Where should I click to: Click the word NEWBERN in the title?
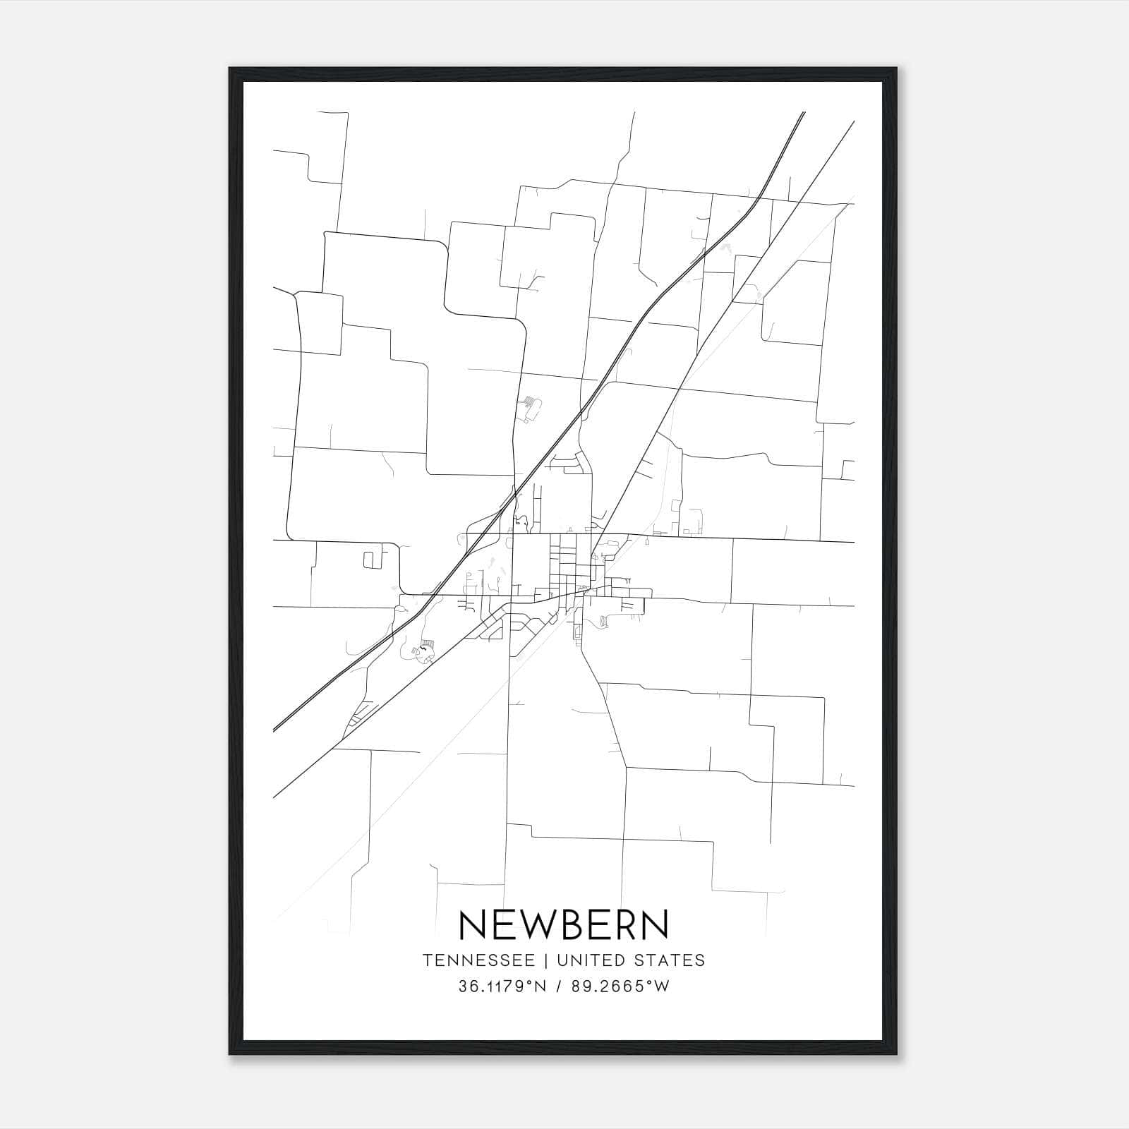[564, 924]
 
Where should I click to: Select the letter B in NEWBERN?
[569, 924]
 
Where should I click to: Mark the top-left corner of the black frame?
[230, 68]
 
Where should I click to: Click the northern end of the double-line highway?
[804, 113]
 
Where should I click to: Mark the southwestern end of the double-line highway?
[274, 730]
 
